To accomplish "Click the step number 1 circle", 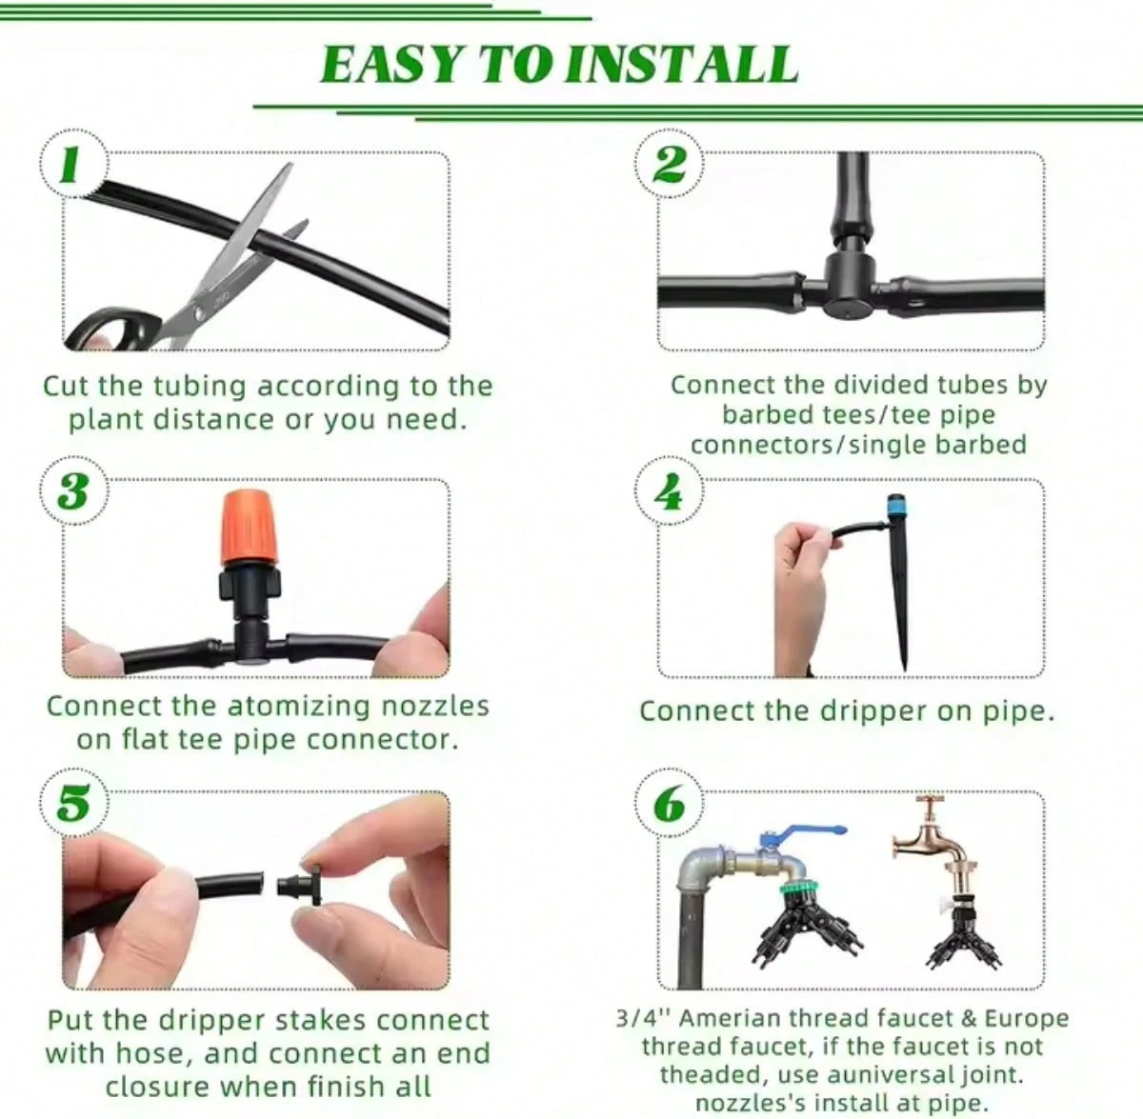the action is coord(73,165).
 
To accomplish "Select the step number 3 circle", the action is coord(73,491).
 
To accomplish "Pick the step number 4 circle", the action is coord(669,491).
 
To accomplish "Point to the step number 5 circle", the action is coord(73,804).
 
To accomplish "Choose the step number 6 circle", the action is coord(669,804).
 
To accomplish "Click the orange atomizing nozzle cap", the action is coord(250,528).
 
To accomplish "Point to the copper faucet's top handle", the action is coord(930,804).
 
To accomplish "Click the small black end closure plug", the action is coord(300,886).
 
